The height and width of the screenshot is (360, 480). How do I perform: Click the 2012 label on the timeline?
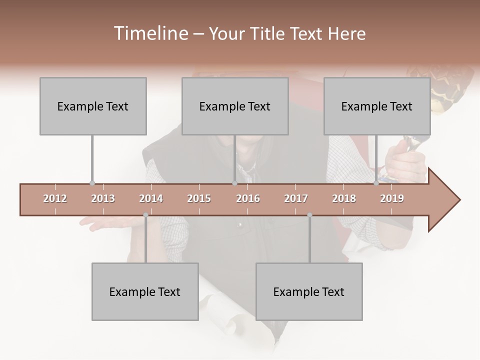coord(55,198)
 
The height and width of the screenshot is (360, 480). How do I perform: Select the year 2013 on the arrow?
coord(103,198)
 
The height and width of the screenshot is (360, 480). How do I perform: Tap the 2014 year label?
coord(151,198)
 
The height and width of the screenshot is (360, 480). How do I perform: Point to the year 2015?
coord(199,198)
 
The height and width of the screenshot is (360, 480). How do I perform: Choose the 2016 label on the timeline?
coord(248,198)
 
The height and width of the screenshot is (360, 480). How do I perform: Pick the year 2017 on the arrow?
coord(296,198)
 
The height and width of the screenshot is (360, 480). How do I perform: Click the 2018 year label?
coord(344,198)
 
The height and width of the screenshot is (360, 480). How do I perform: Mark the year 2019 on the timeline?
coord(392,198)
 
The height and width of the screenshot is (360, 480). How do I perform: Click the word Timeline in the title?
coord(149,33)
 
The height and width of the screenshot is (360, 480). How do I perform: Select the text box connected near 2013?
coord(93,106)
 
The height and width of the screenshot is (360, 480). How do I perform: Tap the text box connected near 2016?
coord(235,106)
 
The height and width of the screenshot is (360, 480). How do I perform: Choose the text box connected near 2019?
coord(377,106)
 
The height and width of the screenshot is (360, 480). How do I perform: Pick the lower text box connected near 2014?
coord(145,291)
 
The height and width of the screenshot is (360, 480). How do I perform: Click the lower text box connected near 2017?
coord(309,291)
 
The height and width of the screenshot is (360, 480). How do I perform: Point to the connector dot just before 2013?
coord(92,183)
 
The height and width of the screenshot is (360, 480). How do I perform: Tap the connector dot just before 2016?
coord(234,183)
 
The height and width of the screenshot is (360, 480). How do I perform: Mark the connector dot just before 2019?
coord(376,183)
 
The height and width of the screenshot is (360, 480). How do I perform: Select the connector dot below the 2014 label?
coord(145,215)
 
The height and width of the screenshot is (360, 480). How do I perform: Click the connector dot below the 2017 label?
coord(309,215)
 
